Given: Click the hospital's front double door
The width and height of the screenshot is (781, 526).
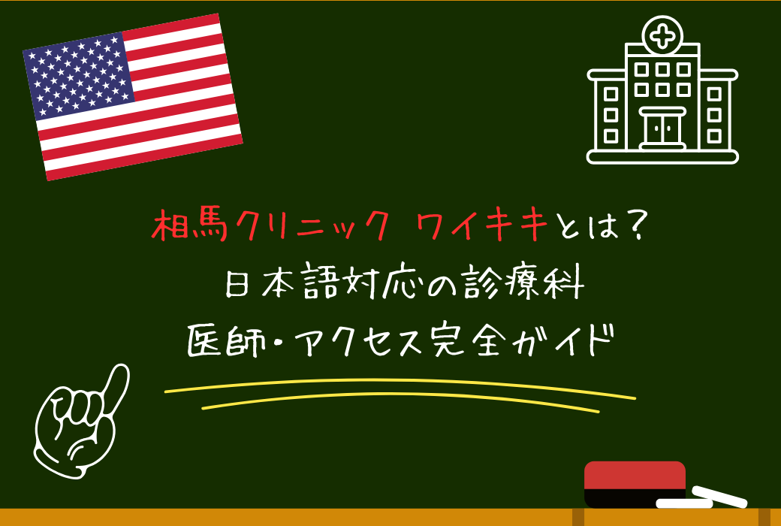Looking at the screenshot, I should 662,128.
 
